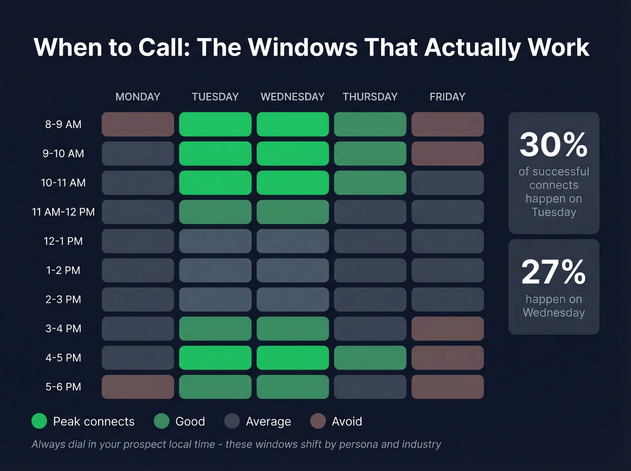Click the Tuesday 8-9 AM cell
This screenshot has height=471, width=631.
point(215,124)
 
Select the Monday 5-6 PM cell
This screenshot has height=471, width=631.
point(137,387)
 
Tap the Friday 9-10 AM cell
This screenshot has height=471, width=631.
point(447,154)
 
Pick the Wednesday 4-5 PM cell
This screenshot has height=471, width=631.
point(293,358)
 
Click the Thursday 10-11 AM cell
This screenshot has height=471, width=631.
point(370,183)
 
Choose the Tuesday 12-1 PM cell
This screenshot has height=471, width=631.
point(215,241)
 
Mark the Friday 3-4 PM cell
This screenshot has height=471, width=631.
point(447,329)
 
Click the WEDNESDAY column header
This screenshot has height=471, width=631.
point(293,97)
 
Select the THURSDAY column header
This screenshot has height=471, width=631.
point(370,97)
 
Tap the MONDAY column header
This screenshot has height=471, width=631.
point(137,97)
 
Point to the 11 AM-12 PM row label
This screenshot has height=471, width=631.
point(63,212)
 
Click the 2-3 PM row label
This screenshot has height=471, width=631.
point(63,299)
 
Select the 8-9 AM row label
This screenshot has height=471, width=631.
point(63,124)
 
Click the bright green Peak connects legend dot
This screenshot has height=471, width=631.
point(39,421)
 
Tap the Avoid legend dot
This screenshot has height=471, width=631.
point(318,421)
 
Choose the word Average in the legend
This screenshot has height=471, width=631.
point(268,421)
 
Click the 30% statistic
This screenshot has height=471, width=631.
point(553,145)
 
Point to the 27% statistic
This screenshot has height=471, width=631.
point(553,272)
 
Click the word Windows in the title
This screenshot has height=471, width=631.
point(302,47)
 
